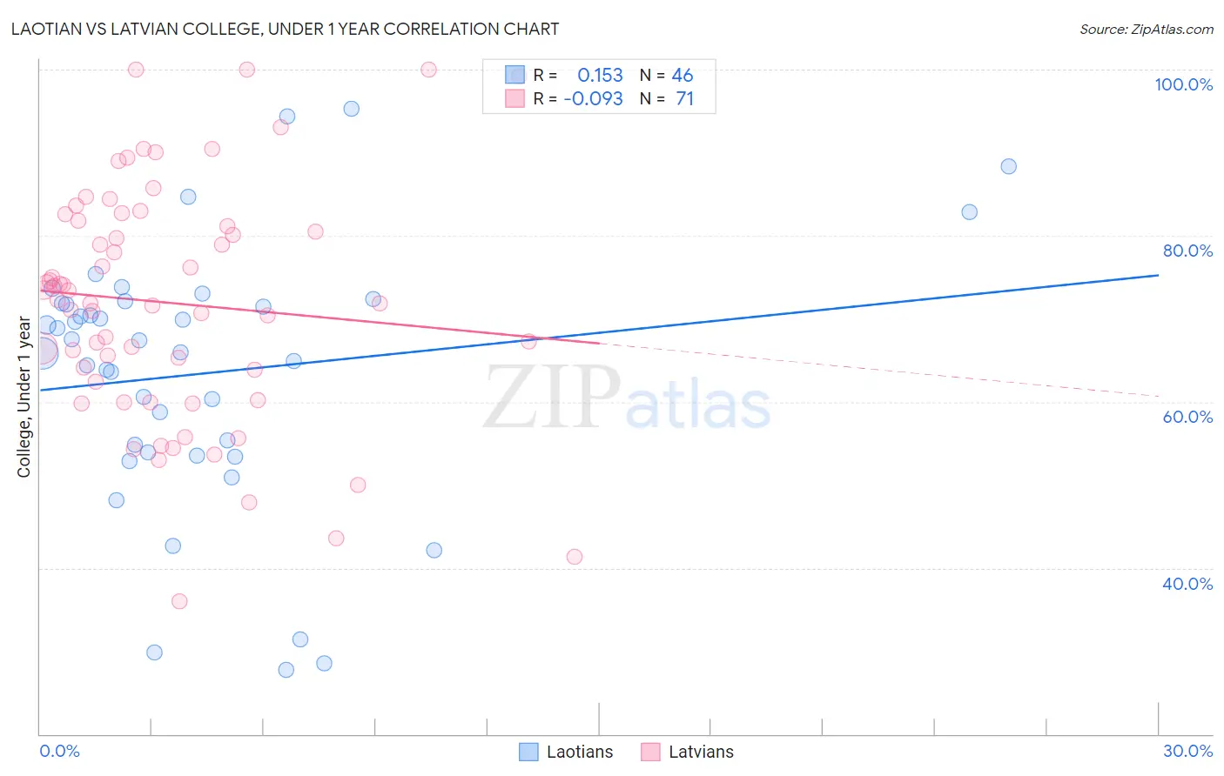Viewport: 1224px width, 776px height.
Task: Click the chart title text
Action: point(285,29)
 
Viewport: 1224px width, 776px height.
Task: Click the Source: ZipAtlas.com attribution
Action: point(1146,29)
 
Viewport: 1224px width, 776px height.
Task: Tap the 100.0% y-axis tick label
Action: point(1183,84)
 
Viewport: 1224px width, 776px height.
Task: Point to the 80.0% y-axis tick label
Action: point(1187,251)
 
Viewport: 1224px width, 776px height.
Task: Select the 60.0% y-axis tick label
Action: point(1187,417)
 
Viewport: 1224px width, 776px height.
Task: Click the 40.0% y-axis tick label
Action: point(1187,584)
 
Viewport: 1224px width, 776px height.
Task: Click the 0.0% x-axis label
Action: point(59,751)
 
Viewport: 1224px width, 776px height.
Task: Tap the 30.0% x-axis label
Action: point(1187,751)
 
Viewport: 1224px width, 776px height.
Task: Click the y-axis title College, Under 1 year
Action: point(24,398)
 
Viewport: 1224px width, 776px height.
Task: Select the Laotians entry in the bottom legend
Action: point(579,752)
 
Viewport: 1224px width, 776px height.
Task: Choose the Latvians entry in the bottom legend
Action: point(700,752)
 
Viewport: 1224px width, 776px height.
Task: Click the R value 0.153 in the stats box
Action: point(600,75)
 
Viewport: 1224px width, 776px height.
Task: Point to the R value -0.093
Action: point(593,99)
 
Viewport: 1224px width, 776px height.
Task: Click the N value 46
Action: point(683,75)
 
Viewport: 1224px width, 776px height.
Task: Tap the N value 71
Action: point(684,99)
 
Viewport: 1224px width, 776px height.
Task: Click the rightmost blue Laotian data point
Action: point(1008,166)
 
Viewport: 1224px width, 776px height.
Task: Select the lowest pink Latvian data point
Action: point(179,601)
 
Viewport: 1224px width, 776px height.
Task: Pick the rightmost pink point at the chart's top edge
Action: point(428,70)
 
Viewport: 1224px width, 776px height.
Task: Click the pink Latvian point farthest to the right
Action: point(575,557)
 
